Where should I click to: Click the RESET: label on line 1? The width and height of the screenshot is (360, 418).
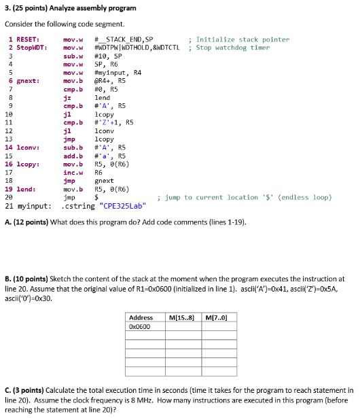tap(26, 39)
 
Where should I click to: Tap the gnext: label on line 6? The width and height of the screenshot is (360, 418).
tap(26, 81)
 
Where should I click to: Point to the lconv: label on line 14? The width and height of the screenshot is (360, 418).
tap(26, 147)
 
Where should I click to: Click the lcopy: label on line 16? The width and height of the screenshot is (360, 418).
tap(26, 164)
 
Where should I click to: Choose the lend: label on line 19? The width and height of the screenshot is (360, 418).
tap(24, 189)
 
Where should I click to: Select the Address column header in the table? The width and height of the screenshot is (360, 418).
tap(141, 318)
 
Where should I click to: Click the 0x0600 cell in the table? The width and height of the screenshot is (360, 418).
tap(140, 327)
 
